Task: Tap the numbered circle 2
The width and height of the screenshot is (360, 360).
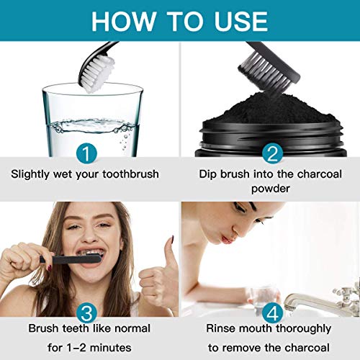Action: (x=271, y=153)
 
